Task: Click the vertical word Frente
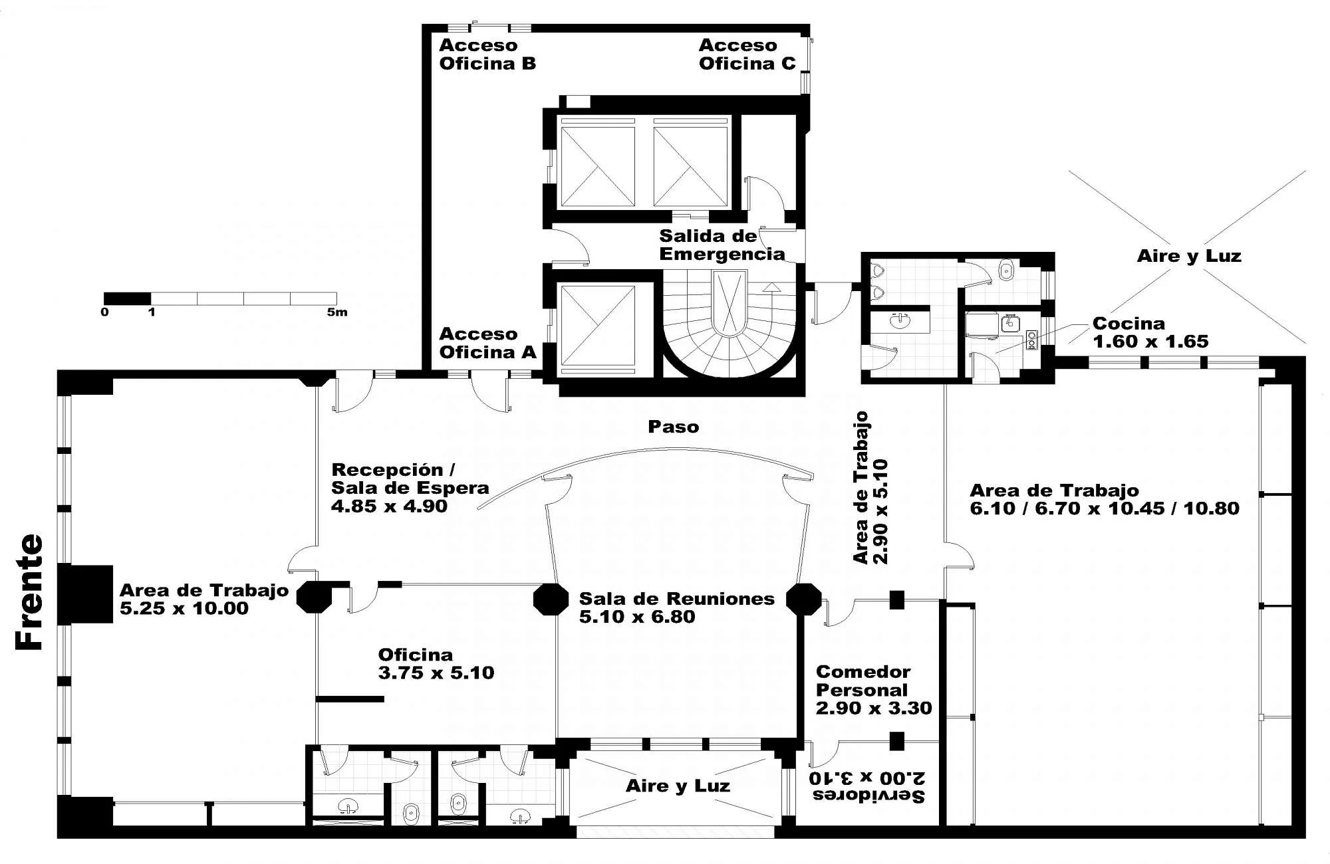[30, 592]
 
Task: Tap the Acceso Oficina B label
[487, 54]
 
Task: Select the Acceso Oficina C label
[747, 54]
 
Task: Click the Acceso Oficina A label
[487, 343]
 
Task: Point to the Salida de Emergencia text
[722, 245]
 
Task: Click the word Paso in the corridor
[674, 427]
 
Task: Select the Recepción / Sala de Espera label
[410, 488]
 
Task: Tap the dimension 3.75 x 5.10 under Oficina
[436, 673]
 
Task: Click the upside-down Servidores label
[867, 786]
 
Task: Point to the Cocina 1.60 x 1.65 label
[1150, 332]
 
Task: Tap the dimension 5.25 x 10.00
[184, 608]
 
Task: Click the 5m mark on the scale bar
[337, 312]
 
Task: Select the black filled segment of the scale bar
[127, 298]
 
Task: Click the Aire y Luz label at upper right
[1189, 256]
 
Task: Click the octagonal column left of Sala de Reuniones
[551, 599]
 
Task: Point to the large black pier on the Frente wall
[85, 594]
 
